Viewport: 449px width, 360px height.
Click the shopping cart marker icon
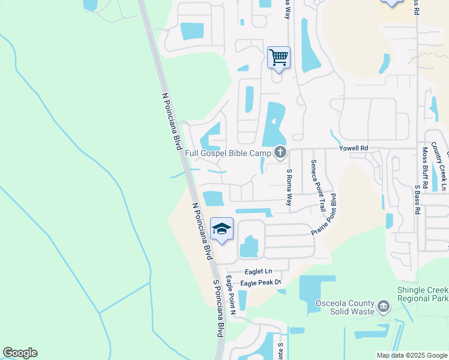pos(279,58)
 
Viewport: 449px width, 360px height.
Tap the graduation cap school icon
pos(221,229)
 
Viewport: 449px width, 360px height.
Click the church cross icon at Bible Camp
pos(280,153)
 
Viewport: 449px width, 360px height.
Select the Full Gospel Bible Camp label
pos(228,154)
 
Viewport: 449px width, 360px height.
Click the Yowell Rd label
pos(353,148)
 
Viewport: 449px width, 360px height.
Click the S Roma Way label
pos(289,188)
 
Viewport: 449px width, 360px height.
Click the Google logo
pos(20,353)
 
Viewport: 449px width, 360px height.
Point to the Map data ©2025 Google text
pos(411,355)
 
